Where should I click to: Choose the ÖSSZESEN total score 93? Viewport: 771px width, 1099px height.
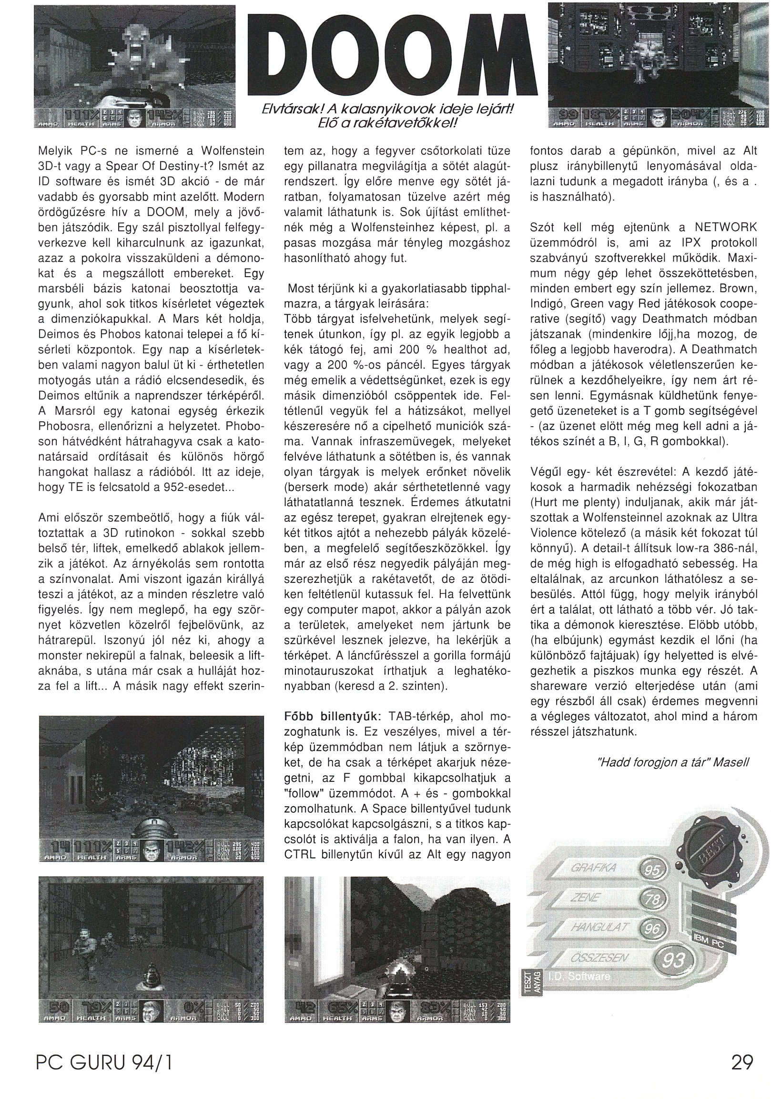[x=672, y=957]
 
